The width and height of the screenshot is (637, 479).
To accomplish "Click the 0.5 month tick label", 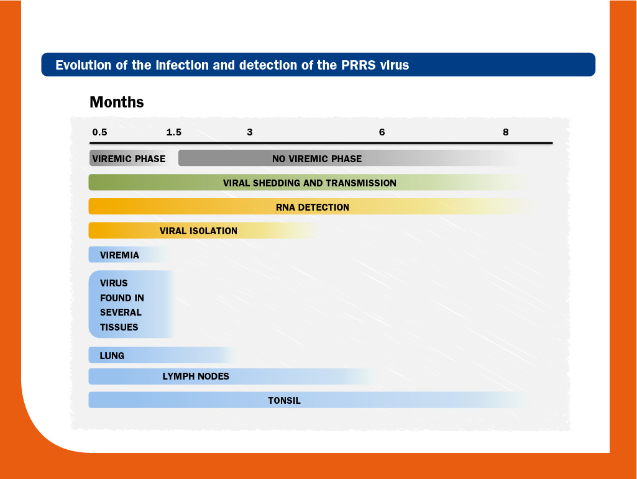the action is click(x=99, y=132).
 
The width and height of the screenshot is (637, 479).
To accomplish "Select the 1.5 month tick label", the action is click(x=174, y=132).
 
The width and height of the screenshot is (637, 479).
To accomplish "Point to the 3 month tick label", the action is click(x=250, y=132).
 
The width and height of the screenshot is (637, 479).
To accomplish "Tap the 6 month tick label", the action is click(x=382, y=132).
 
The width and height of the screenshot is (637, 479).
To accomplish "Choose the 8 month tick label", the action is click(x=506, y=132).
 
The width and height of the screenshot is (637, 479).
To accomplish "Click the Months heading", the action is click(x=117, y=102).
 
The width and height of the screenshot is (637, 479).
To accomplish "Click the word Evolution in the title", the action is click(x=83, y=65).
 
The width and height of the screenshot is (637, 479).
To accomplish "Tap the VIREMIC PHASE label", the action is click(x=129, y=158).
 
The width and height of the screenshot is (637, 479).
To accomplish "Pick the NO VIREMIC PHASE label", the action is click(x=317, y=158).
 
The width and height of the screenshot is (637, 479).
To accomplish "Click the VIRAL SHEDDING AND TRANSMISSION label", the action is click(x=309, y=183).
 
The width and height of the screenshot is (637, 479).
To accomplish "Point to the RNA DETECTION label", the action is click(x=313, y=208).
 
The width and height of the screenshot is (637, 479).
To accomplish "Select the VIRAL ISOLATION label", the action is click(x=198, y=230).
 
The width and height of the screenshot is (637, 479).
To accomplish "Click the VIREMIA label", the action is click(x=119, y=255).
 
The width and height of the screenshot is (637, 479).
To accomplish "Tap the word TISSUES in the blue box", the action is click(x=119, y=327).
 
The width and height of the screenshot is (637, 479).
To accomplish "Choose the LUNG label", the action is click(x=112, y=355).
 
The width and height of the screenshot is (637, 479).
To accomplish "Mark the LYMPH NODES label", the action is click(x=196, y=376).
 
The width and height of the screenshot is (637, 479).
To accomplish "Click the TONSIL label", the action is click(x=285, y=400).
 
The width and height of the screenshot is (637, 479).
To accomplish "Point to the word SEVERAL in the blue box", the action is click(x=121, y=312).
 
